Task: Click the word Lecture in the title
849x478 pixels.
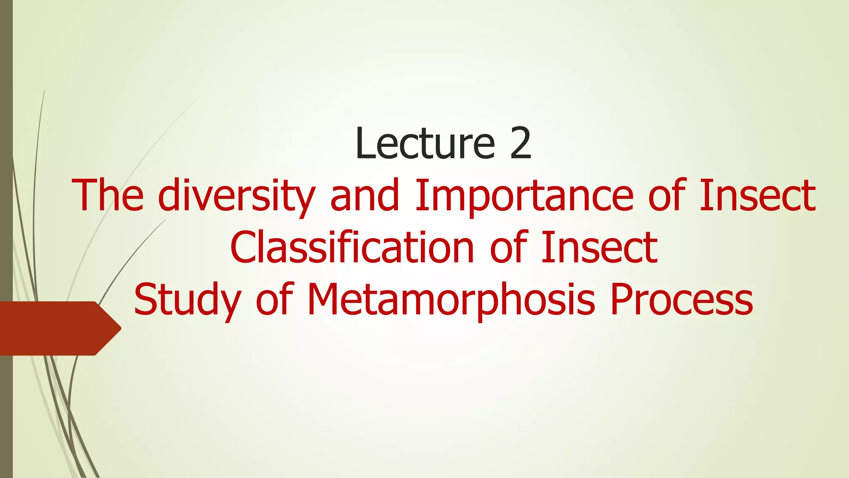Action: tap(425, 143)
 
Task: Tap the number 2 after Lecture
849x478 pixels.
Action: tap(521, 143)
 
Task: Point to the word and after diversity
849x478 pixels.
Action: tap(365, 195)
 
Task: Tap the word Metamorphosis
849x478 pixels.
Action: tap(451, 300)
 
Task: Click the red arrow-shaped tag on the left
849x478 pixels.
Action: tap(54, 328)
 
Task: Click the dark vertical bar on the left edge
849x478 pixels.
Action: tap(6, 166)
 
